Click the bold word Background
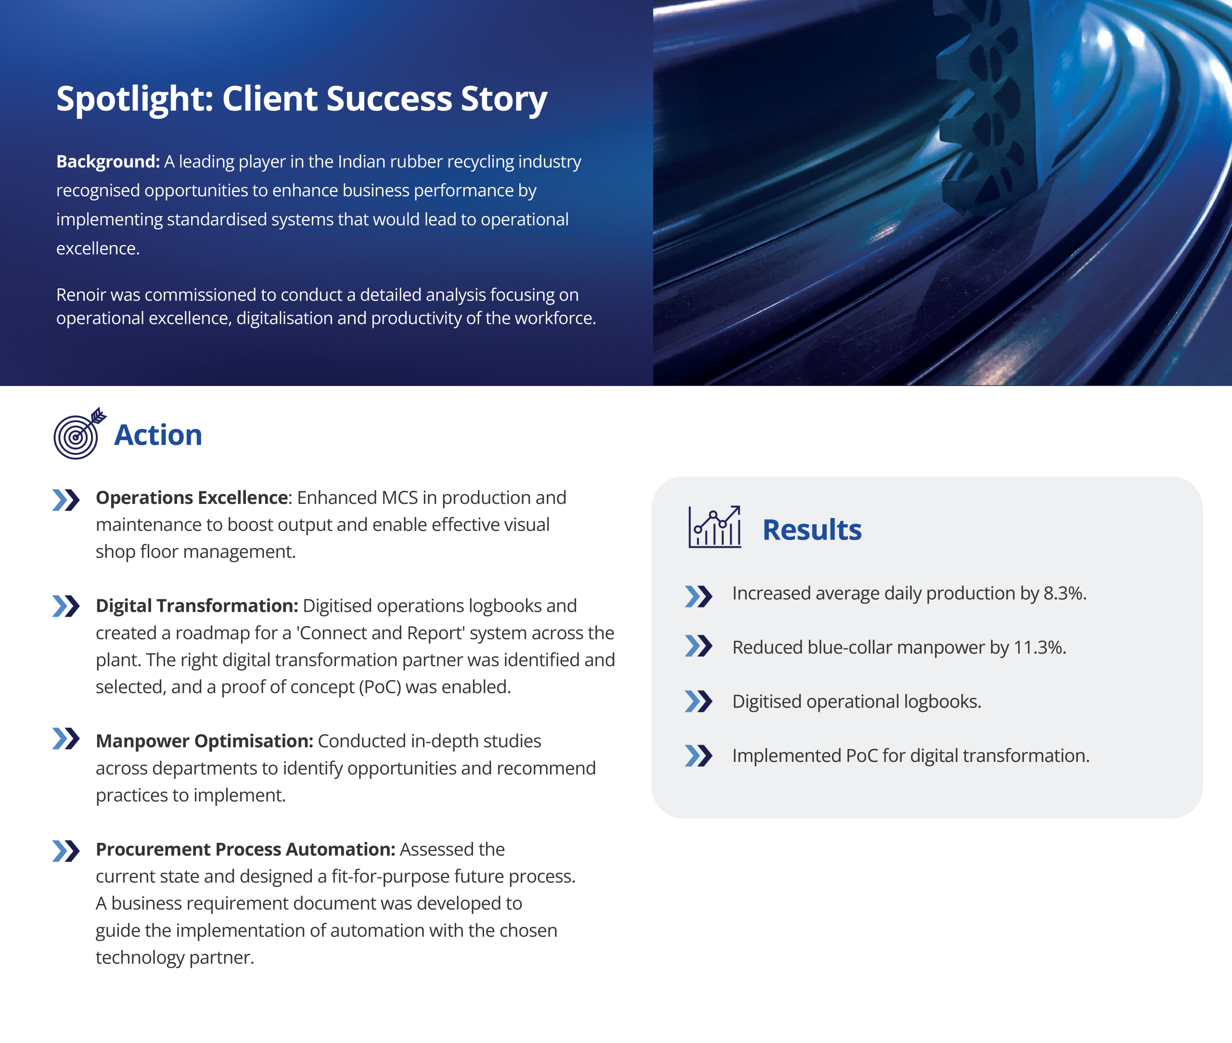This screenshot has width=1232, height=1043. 108,161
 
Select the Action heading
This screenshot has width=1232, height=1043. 158,435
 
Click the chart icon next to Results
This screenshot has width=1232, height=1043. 715,527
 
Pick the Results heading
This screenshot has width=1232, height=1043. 812,529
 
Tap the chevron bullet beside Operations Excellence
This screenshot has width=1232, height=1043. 65,500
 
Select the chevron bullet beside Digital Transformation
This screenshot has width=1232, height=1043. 65,606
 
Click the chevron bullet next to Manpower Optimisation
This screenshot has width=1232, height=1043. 65,738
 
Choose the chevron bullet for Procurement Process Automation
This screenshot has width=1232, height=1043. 65,851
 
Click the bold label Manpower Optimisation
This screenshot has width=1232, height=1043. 205,741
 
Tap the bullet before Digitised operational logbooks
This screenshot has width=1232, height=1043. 698,701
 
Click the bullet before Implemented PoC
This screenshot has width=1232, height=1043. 698,756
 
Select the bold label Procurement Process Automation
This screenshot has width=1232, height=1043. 245,850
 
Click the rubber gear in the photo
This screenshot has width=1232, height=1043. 981,106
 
